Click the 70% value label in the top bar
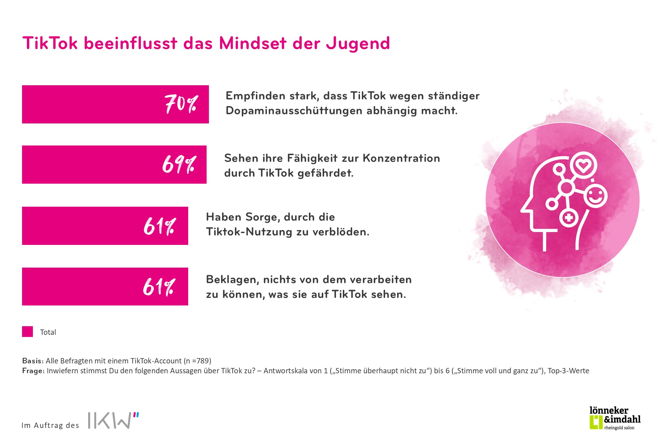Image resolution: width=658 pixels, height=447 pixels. (181, 104)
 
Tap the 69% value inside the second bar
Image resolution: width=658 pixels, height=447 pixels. (179, 164)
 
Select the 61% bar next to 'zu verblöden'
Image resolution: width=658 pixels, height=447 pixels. (105, 226)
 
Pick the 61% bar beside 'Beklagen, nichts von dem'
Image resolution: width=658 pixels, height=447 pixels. (105, 286)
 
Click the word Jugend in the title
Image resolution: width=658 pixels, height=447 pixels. (358, 44)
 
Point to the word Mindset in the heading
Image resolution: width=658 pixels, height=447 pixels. (253, 43)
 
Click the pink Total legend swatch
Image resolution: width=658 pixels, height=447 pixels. (28, 331)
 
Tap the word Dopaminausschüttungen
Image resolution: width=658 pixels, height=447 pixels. (294, 111)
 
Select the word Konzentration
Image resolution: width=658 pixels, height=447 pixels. (401, 158)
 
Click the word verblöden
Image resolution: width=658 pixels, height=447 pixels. (341, 232)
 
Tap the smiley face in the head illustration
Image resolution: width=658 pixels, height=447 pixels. (595, 197)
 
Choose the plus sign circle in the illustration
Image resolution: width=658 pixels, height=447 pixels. (569, 218)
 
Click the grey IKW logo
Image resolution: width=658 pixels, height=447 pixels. (113, 420)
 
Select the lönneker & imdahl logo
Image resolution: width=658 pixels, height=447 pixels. (615, 418)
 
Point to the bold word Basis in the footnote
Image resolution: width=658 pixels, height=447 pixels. (33, 361)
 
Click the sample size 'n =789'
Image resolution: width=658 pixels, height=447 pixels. (197, 361)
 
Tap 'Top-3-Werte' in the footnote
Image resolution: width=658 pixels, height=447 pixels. (568, 371)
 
